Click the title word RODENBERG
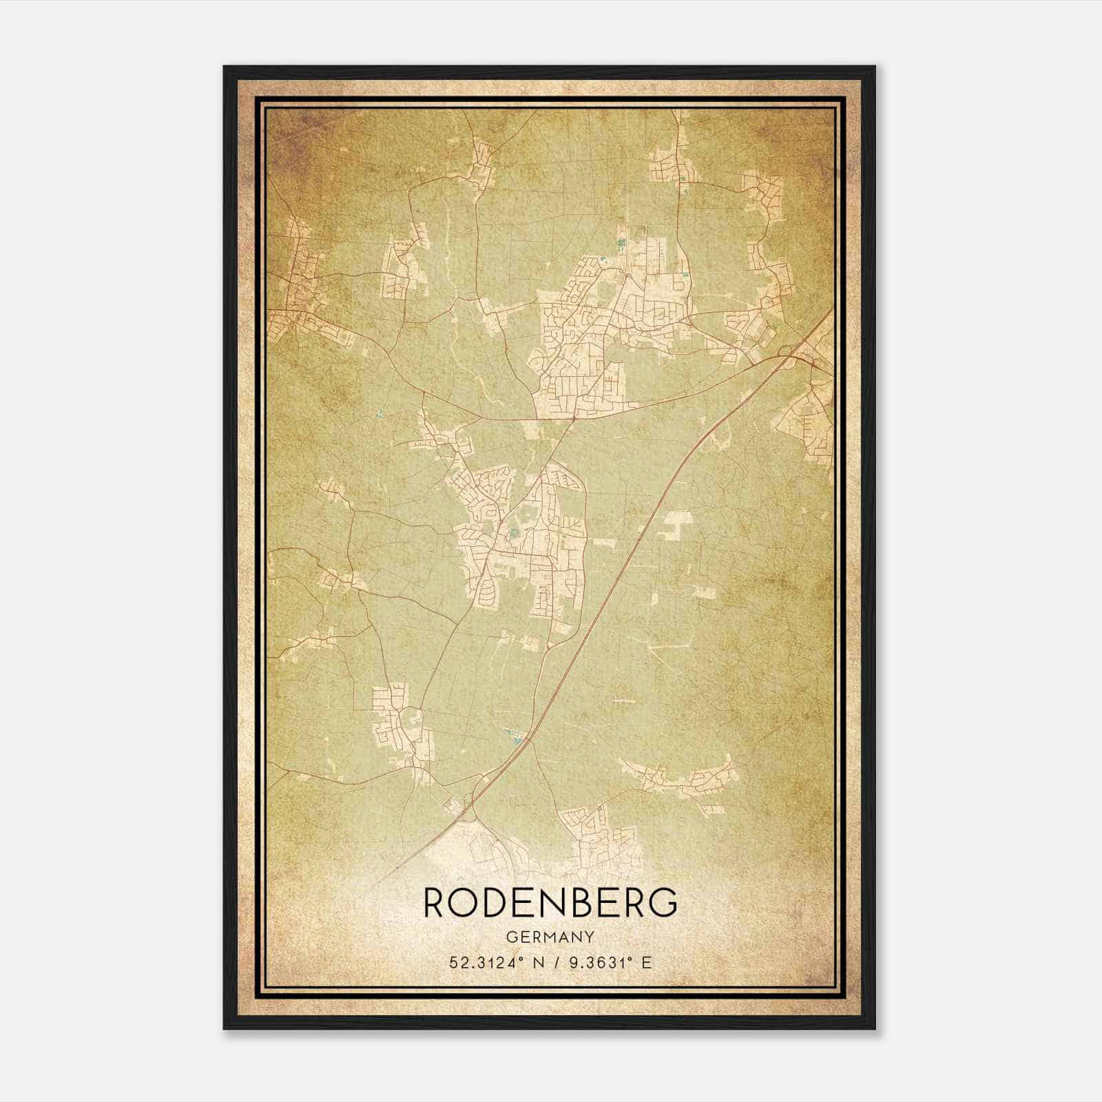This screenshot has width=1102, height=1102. (550, 903)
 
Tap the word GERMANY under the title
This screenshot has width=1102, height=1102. (550, 937)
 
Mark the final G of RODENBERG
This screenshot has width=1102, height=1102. (663, 903)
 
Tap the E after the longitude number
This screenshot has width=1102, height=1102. (645, 963)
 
